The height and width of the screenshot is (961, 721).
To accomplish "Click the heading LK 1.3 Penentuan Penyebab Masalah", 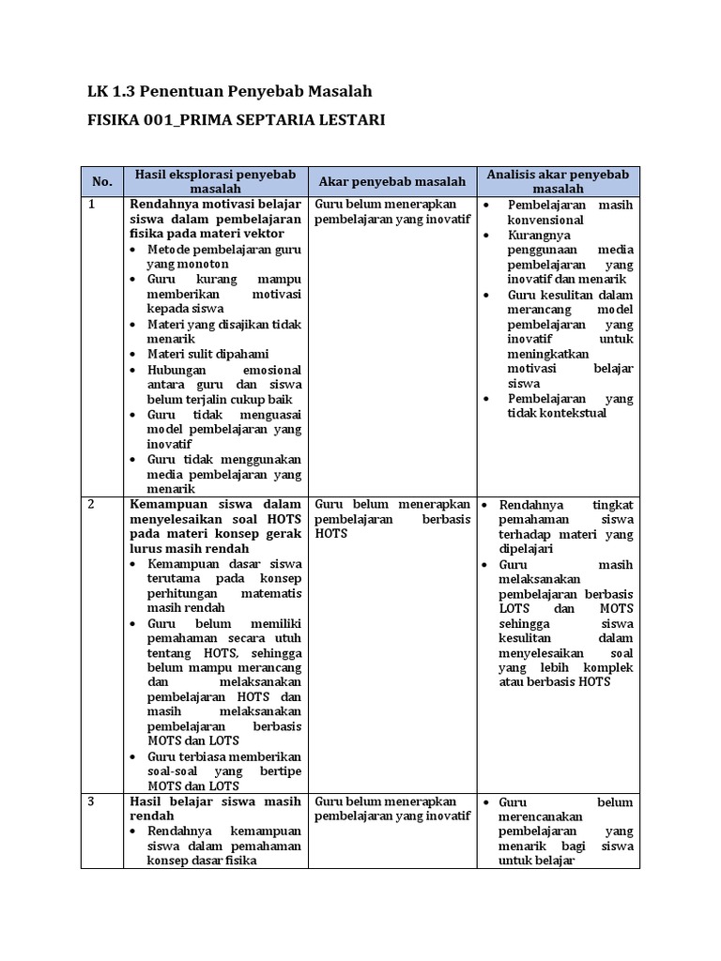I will (229, 91).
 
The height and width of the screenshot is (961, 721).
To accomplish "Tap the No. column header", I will (101, 181).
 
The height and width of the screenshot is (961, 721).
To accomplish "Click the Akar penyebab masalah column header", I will (391, 181).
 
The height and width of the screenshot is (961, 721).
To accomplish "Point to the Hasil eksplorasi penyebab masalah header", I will (215, 181).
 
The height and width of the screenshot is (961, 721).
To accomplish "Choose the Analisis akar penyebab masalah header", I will (558, 181).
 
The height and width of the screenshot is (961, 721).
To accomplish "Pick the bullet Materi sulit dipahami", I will (208, 354).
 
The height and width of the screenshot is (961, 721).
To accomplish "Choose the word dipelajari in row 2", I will (526, 549).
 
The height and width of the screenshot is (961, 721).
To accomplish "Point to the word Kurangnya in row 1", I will (539, 235).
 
